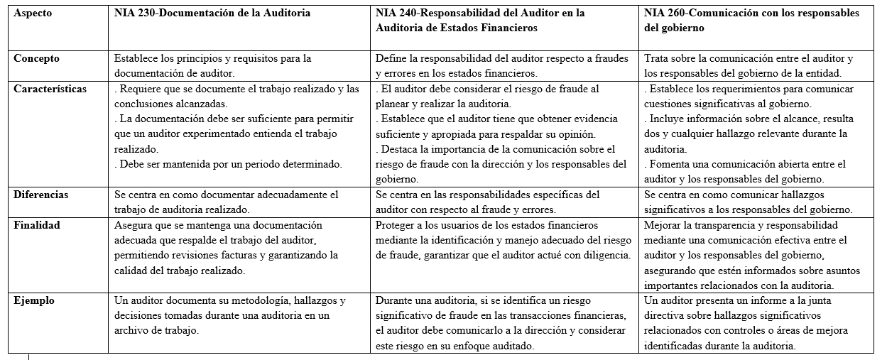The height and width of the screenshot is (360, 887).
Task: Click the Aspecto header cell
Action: pos(33,13)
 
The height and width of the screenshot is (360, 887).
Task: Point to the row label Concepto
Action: pos(37,59)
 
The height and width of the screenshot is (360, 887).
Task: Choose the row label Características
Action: pos(50,89)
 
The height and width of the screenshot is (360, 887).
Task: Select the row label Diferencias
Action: pos(41,195)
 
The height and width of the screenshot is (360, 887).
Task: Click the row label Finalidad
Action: pos(37,225)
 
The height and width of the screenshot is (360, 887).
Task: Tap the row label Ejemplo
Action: pos(34,300)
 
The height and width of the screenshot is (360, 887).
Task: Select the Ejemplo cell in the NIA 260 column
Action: pos(757,323)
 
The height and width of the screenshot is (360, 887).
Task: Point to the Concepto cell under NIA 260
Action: pos(757,65)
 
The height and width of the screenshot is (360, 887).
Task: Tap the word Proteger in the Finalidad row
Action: pos(397,226)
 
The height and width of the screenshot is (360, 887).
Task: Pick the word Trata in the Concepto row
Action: pos(658,59)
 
